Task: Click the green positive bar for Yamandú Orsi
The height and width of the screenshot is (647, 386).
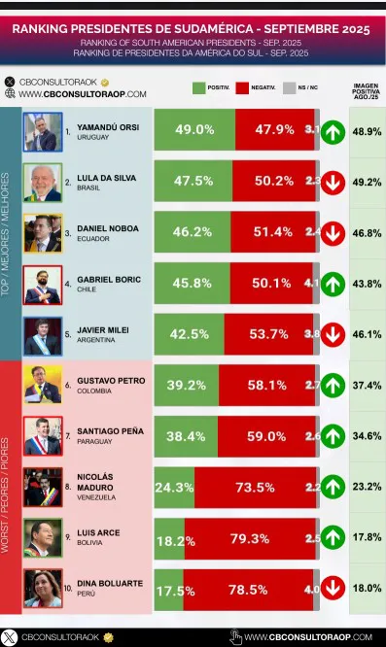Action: (194, 129)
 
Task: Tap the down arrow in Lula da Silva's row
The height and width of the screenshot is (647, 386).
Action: (332, 181)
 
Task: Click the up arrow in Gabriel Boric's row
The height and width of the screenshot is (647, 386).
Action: (332, 284)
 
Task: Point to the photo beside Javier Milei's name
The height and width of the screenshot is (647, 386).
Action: (42, 335)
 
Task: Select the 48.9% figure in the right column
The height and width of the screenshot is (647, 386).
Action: (365, 129)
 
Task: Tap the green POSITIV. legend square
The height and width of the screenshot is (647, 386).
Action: (199, 88)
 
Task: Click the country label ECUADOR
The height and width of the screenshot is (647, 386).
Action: (95, 239)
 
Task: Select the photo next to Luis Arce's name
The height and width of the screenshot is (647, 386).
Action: (42, 537)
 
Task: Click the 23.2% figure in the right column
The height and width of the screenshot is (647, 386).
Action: (365, 487)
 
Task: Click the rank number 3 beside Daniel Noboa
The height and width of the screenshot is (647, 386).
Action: (67, 232)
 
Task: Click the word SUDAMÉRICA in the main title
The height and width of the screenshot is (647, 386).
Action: (209, 29)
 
